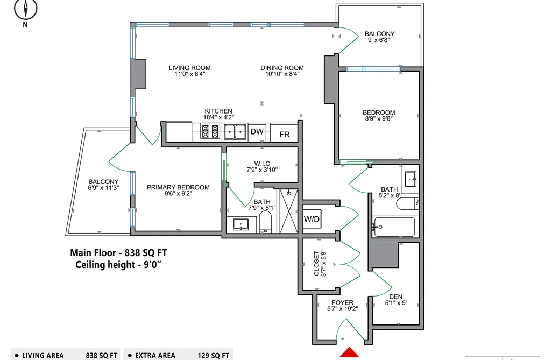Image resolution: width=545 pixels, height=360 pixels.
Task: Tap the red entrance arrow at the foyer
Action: [x=349, y=352]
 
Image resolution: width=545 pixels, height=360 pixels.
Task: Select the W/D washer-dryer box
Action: [x=312, y=219]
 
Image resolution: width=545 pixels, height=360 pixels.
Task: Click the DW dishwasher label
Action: [x=257, y=131]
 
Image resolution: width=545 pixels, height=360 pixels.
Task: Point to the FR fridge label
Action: [x=284, y=134]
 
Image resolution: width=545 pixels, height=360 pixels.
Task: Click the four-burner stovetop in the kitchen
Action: [x=210, y=132]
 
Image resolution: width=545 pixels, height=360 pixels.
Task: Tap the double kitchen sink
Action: [x=235, y=132]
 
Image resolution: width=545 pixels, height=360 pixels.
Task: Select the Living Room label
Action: [x=190, y=68]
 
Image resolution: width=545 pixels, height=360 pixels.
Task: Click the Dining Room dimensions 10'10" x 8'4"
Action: [x=282, y=74]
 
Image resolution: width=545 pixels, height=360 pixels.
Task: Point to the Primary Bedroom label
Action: [x=178, y=187]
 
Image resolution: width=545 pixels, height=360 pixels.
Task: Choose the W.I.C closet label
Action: [x=261, y=164]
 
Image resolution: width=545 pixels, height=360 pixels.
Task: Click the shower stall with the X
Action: [x=289, y=211]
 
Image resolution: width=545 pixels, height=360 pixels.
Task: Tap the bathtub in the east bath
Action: [x=394, y=227]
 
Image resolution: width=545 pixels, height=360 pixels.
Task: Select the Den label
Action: [x=395, y=297]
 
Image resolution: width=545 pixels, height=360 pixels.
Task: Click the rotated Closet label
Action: [x=316, y=263]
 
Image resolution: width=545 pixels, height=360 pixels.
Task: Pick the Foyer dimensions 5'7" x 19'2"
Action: [x=342, y=308]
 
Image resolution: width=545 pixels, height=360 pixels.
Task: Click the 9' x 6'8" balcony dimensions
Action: [x=379, y=40]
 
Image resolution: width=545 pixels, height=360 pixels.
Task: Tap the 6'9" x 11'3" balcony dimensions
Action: [x=104, y=188]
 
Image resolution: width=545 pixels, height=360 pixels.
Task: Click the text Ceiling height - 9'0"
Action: [x=118, y=264]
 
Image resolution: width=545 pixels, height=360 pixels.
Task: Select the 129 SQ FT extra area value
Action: [x=214, y=356]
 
